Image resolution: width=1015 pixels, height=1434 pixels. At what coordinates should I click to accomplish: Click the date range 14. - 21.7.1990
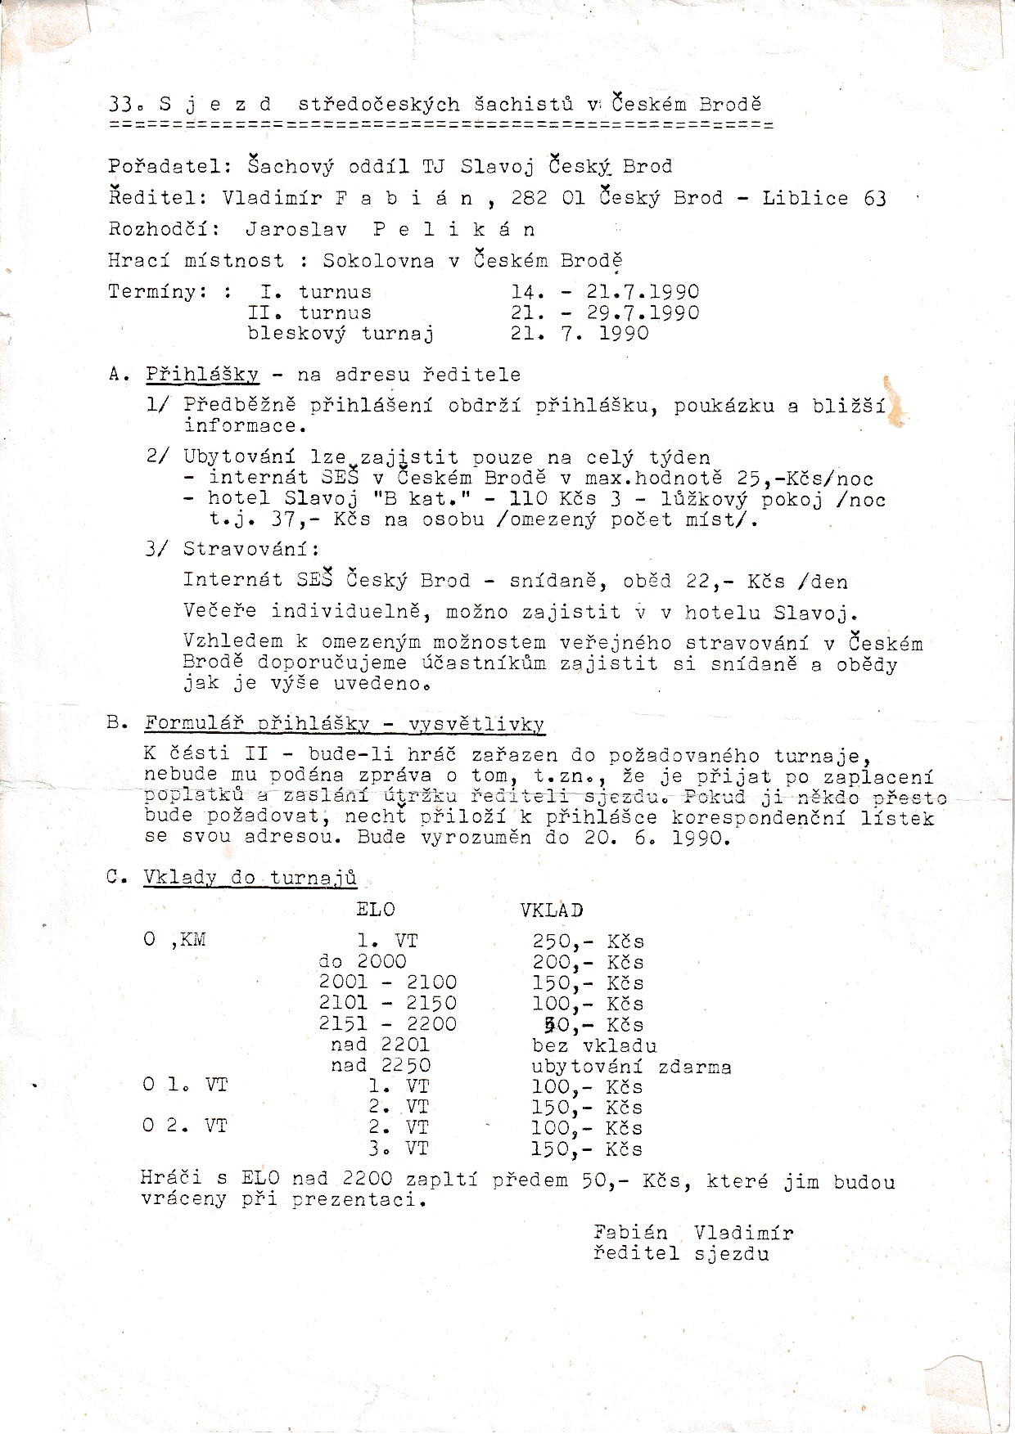click(x=605, y=292)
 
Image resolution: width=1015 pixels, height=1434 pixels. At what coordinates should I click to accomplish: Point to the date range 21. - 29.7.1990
click(x=605, y=312)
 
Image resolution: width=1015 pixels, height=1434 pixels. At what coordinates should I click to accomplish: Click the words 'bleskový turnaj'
click(x=341, y=333)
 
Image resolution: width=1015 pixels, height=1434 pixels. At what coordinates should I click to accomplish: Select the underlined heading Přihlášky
click(x=202, y=375)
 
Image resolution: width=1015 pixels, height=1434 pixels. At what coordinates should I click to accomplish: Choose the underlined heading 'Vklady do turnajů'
click(x=250, y=878)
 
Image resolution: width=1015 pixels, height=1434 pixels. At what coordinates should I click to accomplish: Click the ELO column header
click(x=376, y=910)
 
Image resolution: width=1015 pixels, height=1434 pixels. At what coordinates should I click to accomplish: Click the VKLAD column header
click(x=552, y=910)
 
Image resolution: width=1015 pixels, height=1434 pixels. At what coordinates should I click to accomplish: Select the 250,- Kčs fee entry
click(x=588, y=942)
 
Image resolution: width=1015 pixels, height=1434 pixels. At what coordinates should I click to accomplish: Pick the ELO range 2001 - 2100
click(x=388, y=982)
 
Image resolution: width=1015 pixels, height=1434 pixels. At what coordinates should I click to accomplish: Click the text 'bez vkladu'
click(x=593, y=1045)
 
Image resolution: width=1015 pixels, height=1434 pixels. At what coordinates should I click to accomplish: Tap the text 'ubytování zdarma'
click(x=630, y=1067)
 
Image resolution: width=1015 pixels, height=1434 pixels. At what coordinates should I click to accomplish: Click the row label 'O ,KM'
click(x=174, y=940)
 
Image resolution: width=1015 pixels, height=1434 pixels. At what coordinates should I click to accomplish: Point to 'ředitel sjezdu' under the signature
click(x=681, y=1253)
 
